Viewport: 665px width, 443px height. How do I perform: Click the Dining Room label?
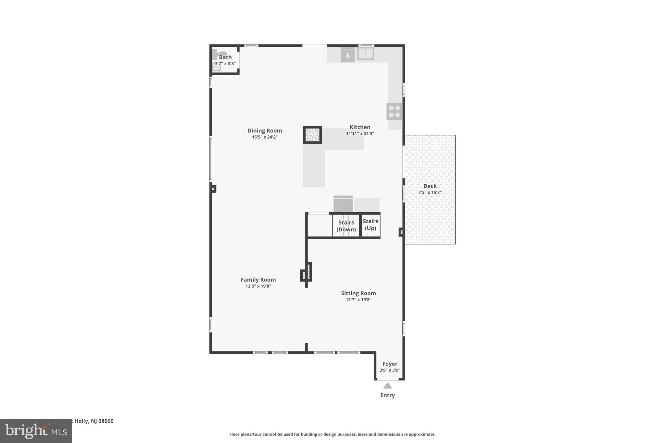(x=265, y=130)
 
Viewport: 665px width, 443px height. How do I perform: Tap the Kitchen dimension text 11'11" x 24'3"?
(x=360, y=133)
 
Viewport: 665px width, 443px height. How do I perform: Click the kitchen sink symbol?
(x=366, y=54)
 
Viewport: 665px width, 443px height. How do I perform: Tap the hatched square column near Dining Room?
(x=312, y=135)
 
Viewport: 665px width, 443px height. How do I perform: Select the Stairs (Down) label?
(x=346, y=226)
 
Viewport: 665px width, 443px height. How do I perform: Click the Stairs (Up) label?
(x=370, y=225)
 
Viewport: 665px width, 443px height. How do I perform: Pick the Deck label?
(x=430, y=186)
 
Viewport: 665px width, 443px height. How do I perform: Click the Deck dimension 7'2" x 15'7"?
(x=430, y=192)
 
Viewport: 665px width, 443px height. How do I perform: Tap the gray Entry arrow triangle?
(x=387, y=386)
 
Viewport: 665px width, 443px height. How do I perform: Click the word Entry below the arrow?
(x=387, y=395)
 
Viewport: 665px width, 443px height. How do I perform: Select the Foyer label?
(x=390, y=364)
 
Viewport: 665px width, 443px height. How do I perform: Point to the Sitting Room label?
(x=358, y=293)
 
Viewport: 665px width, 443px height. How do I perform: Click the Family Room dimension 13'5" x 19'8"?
(x=258, y=286)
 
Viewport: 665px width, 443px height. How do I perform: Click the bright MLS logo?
(x=36, y=431)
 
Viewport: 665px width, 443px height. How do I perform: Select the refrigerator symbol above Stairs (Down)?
(x=343, y=204)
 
